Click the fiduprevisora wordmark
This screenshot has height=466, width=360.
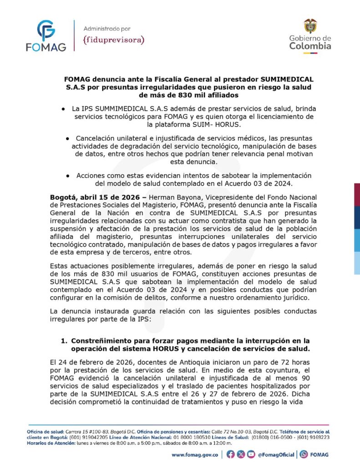(x=114, y=40)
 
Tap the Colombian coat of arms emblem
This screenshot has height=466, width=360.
(x=310, y=25)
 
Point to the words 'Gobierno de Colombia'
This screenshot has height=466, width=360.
(x=310, y=42)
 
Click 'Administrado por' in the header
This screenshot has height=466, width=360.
(x=107, y=28)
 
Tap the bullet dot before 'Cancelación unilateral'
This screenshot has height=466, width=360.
(x=67, y=138)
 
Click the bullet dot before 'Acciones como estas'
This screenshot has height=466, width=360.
(x=67, y=175)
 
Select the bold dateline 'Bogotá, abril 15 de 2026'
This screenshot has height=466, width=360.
(x=96, y=198)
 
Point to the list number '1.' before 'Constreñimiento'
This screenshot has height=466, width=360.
(x=64, y=341)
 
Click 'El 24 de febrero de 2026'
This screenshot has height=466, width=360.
(x=91, y=363)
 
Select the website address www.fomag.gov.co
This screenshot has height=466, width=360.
(x=195, y=454)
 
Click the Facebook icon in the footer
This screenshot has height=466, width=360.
(x=230, y=454)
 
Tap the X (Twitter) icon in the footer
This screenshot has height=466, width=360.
(x=240, y=454)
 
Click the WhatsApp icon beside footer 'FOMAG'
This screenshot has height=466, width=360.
(x=304, y=454)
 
